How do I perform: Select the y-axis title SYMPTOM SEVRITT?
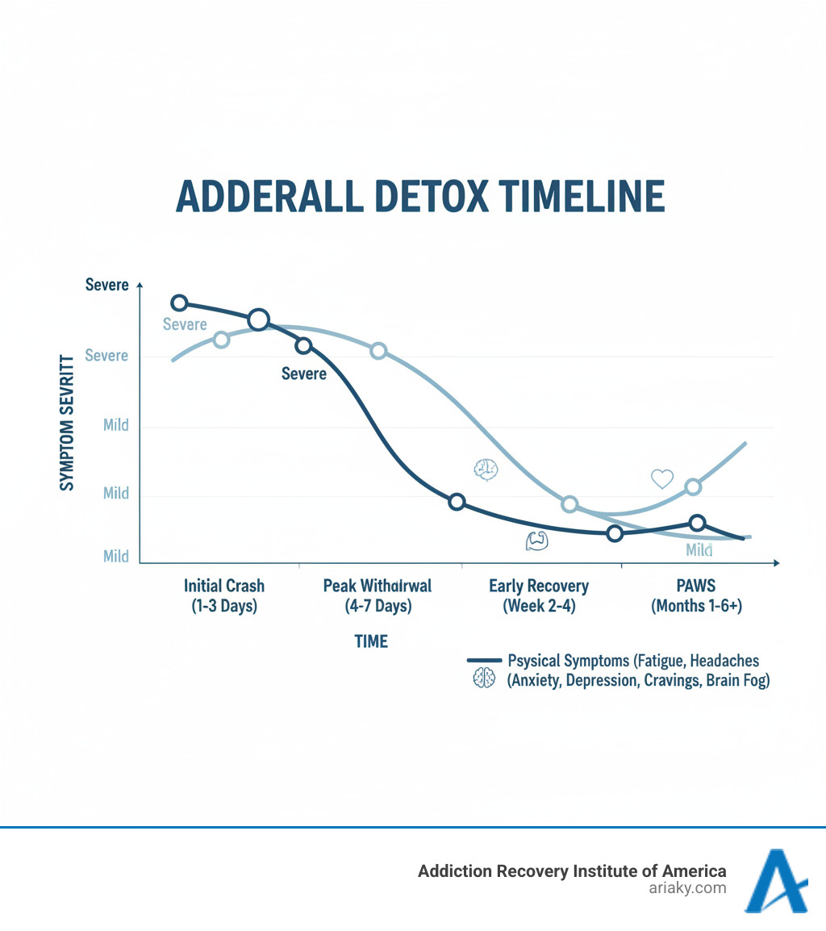coord(67,421)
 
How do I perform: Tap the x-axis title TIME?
coord(371,641)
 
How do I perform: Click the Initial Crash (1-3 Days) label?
coord(224,595)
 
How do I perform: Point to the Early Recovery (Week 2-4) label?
coord(539,595)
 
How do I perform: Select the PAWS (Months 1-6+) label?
coord(696,595)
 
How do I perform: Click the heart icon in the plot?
coord(661,479)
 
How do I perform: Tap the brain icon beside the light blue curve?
coord(486,470)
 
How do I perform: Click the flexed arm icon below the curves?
coord(536,541)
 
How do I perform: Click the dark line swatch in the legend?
coord(483,661)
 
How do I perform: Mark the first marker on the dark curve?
coord(180,303)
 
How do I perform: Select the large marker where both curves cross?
coord(258,320)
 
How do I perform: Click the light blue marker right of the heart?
coord(693,486)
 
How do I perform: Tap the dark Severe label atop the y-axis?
coord(106,286)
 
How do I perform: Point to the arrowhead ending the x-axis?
coord(776,562)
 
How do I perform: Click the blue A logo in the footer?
coord(775,881)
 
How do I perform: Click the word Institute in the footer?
coord(594,870)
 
